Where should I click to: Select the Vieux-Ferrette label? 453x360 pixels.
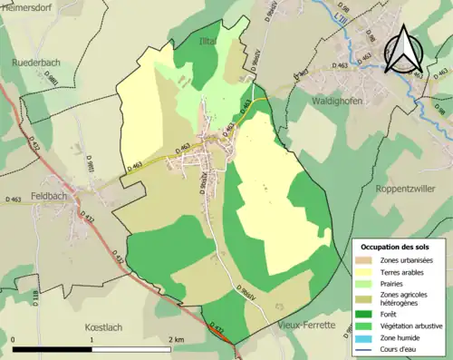coord(307,324)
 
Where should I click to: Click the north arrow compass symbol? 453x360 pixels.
coord(405,49)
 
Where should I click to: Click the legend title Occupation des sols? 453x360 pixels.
coord(395,247)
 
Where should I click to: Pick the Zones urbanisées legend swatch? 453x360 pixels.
coord(369,260)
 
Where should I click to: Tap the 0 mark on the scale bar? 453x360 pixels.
coord(14,339)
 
